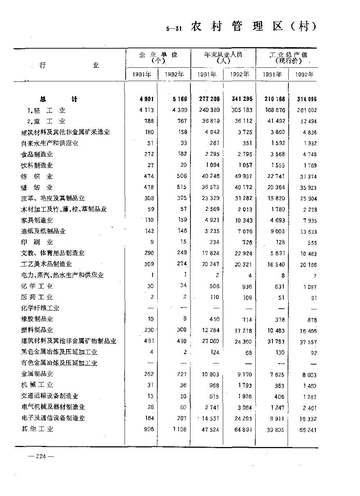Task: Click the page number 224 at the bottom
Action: click(41, 456)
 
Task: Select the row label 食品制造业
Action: click(37, 154)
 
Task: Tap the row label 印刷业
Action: click(37, 242)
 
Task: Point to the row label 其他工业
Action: click(37, 429)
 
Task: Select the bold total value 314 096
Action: click(306, 99)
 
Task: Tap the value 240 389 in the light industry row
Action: click(209, 110)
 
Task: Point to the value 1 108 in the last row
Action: click(179, 429)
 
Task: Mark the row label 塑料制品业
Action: click(37, 330)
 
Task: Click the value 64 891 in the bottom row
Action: click(243, 429)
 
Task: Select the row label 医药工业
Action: click(37, 297)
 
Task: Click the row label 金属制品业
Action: click(37, 374)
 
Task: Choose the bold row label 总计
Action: click(59, 99)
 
